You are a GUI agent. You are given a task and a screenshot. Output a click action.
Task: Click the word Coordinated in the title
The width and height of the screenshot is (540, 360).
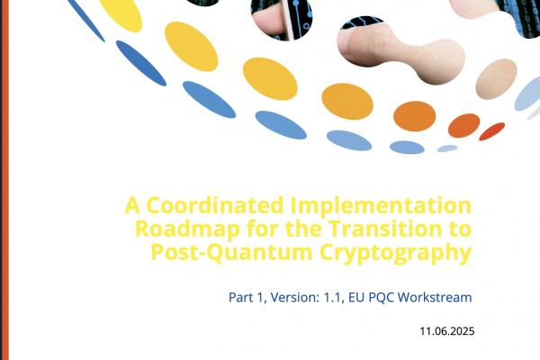tap(215, 205)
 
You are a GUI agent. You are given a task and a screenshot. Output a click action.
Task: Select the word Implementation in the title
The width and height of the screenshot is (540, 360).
tap(381, 207)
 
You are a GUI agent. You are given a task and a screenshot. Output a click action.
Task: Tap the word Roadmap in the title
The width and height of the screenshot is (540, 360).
tap(187, 229)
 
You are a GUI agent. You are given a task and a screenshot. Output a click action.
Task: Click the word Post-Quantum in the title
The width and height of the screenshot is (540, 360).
tap(231, 253)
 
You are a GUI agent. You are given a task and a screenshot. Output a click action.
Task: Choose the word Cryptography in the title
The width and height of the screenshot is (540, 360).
tap(395, 254)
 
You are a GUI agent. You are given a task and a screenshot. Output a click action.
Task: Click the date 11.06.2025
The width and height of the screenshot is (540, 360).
tap(447, 331)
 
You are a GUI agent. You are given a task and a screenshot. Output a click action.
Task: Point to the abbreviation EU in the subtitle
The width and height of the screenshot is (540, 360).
tap(356, 297)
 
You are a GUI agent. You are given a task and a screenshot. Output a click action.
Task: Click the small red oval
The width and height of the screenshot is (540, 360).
tap(491, 131)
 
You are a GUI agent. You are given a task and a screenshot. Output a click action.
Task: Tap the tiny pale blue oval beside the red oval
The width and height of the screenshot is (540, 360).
tap(447, 148)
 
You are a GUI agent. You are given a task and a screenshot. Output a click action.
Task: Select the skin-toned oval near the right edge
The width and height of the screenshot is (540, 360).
tap(496, 79)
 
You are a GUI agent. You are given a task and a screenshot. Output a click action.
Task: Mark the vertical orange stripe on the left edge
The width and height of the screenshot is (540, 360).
tap(4, 180)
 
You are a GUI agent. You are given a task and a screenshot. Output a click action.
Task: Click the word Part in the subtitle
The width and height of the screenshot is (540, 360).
tap(240, 297)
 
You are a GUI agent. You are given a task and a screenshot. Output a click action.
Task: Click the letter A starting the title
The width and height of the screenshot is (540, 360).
tap(132, 205)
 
